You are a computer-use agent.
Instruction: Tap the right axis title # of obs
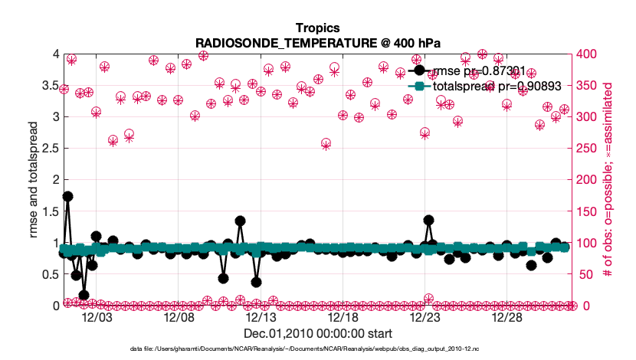pyautogui.click(x=611, y=180)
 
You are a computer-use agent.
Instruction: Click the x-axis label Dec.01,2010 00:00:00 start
pyautogui.click(x=317, y=333)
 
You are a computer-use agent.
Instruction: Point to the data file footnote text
pyautogui.click(x=317, y=349)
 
